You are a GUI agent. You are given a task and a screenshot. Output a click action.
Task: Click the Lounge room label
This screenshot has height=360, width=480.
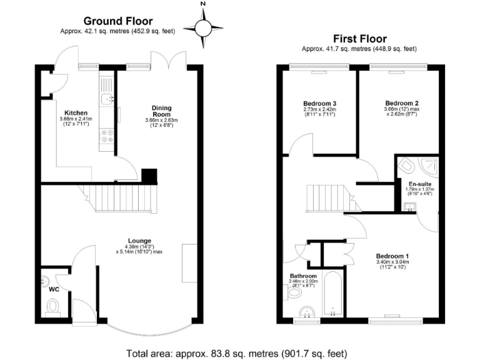click(x=139, y=239)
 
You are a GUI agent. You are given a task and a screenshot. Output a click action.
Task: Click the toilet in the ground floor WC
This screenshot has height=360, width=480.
click(x=54, y=306)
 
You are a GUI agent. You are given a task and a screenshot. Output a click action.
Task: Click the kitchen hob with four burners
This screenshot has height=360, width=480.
click(x=107, y=136)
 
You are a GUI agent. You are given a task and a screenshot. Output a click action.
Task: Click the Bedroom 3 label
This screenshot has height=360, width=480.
click(x=319, y=103)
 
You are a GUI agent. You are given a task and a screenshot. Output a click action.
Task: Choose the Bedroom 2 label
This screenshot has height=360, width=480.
click(x=401, y=103)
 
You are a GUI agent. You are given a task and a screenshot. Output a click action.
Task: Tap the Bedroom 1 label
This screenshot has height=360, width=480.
click(x=392, y=256)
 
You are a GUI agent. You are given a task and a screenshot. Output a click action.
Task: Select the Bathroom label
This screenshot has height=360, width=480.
click(x=303, y=276)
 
